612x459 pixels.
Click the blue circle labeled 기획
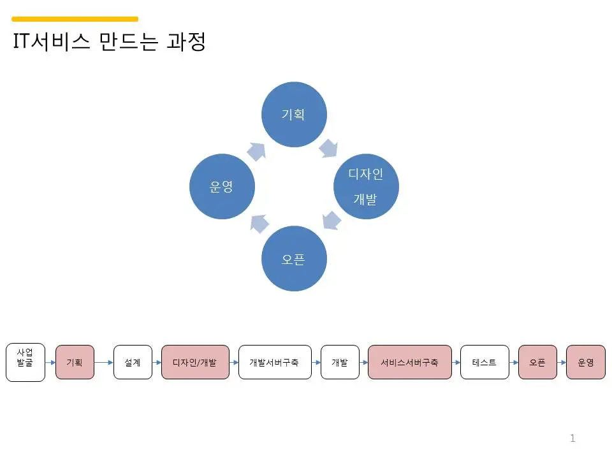click(x=295, y=114)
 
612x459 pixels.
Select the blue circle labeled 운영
click(x=222, y=187)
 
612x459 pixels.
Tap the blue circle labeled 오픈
click(x=294, y=259)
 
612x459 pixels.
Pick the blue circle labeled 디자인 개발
click(x=366, y=187)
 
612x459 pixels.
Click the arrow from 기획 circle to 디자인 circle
click(x=329, y=148)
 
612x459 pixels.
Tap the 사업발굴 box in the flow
click(x=25, y=363)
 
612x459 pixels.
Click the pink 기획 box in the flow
click(x=75, y=362)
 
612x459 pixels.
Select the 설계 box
click(x=133, y=362)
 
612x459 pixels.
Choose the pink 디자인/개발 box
click(x=195, y=362)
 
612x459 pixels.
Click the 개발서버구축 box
click(x=275, y=362)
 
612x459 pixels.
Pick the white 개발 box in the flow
click(x=340, y=362)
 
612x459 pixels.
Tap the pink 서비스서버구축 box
click(x=410, y=362)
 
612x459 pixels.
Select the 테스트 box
click(x=484, y=362)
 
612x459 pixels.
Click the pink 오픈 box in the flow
click(x=537, y=362)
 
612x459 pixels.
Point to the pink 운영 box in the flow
click(x=586, y=362)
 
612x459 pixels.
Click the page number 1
click(x=572, y=438)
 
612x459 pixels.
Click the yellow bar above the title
click(x=75, y=19)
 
